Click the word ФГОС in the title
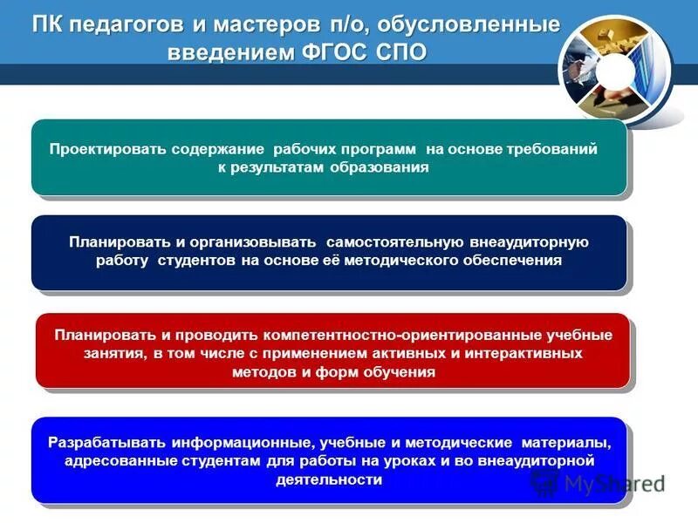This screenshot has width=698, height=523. [329, 52]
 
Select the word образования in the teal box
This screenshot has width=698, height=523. [380, 167]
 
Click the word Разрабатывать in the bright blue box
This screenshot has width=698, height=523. [105, 443]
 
